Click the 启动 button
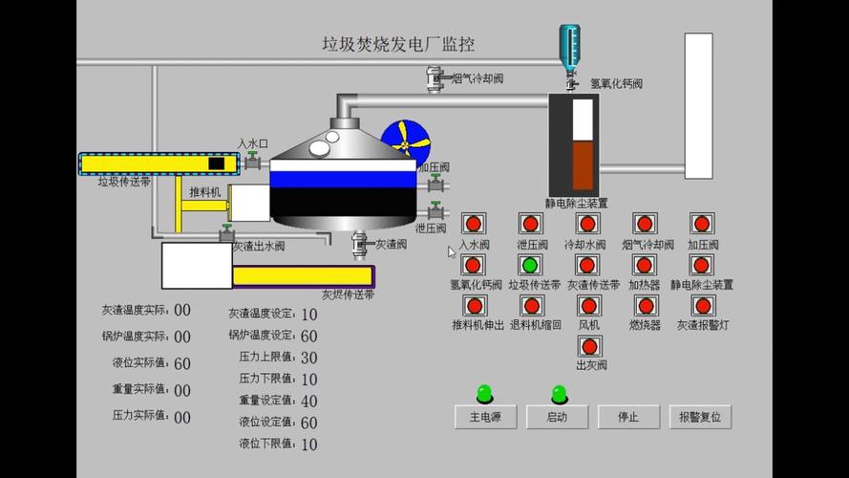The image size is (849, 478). coord(557,417)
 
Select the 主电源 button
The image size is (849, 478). coord(485,417)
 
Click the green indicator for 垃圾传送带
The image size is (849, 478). coord(530,265)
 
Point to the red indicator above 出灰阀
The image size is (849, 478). coord(589,346)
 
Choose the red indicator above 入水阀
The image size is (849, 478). coord(473,224)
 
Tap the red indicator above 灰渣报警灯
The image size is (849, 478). coord(703,306)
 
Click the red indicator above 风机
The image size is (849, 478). coord(589,306)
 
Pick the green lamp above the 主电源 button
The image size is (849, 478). coord(485,392)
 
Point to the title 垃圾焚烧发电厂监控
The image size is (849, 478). coord(398,44)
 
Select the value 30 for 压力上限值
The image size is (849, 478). coord(308,358)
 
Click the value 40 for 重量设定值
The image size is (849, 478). coord(308,402)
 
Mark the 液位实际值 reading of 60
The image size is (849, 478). coord(181,363)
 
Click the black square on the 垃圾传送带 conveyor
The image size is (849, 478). coord(216,163)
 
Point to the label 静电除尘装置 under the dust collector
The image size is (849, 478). coord(576,203)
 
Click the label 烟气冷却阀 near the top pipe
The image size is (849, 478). coord(478,78)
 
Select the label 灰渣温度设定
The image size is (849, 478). coord(260,314)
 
